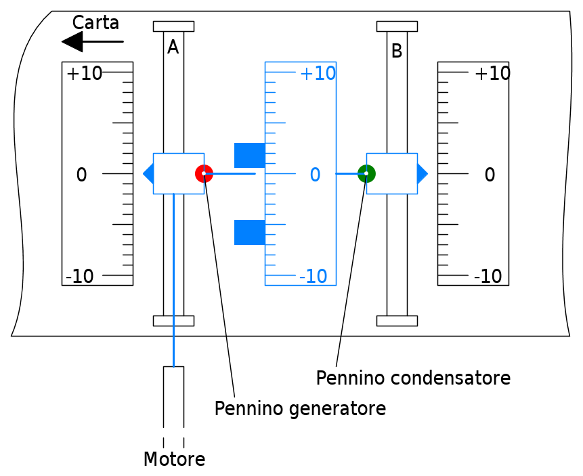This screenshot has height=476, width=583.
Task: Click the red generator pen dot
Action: (x=204, y=174)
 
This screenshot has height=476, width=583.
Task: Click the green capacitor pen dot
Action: (x=366, y=174)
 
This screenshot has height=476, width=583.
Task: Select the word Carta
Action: (x=95, y=23)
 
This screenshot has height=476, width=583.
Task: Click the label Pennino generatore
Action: (x=300, y=409)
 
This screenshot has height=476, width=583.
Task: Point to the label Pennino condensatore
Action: (x=413, y=378)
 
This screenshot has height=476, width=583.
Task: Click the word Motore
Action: (x=174, y=460)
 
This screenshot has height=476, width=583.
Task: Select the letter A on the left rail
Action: (x=173, y=47)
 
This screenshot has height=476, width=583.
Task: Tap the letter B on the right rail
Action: (x=397, y=51)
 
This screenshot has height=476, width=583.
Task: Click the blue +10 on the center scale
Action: (x=318, y=74)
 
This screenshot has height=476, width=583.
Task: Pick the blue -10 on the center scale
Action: (x=313, y=276)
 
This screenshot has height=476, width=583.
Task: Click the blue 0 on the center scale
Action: (x=315, y=175)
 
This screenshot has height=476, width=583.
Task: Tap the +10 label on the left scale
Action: (x=85, y=74)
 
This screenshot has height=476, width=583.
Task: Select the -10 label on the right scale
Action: (x=488, y=276)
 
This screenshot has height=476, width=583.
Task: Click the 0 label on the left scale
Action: (x=81, y=175)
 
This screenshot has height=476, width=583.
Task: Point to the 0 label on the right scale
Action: (x=490, y=175)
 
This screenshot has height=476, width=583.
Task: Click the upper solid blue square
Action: (x=249, y=155)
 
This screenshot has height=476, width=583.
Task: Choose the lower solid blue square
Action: (x=249, y=232)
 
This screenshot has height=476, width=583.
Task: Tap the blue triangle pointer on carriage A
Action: (x=148, y=174)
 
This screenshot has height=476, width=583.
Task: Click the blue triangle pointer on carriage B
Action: (x=422, y=174)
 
